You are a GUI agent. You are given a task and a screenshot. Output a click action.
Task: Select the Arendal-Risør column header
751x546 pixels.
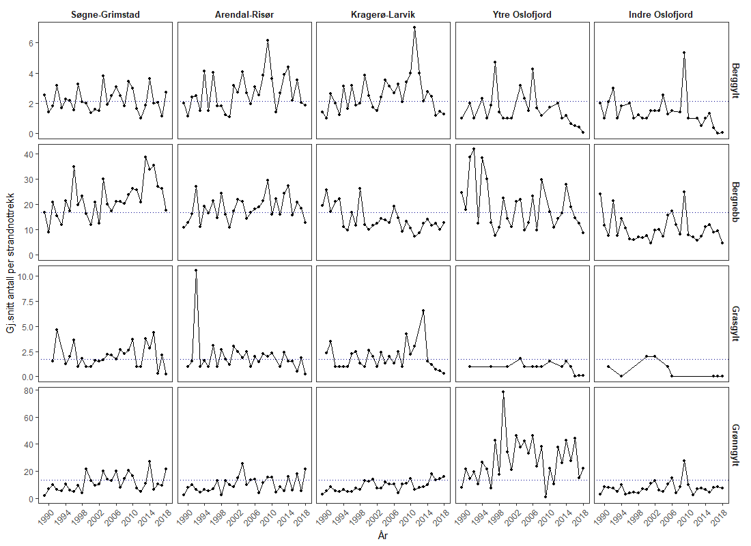pyautogui.click(x=244, y=15)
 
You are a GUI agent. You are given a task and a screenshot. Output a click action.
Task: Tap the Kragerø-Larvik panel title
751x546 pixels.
pyautogui.click(x=383, y=15)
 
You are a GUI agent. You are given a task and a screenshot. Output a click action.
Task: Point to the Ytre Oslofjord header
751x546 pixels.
pyautogui.click(x=522, y=15)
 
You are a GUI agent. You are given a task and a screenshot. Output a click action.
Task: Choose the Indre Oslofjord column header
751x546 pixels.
pyautogui.click(x=661, y=15)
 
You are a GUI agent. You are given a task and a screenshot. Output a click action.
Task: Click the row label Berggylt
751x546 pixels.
pyautogui.click(x=735, y=81)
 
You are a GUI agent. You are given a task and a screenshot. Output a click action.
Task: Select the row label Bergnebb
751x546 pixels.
pyautogui.click(x=735, y=202)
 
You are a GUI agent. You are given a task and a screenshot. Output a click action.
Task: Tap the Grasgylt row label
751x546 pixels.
pyautogui.click(x=735, y=324)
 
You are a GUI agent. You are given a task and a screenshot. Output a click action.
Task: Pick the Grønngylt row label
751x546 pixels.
pyautogui.click(x=735, y=445)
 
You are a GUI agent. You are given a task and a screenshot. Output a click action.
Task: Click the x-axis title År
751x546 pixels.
pyautogui.click(x=383, y=536)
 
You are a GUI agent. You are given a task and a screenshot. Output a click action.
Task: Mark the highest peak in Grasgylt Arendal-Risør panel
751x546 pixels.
pyautogui.click(x=196, y=270)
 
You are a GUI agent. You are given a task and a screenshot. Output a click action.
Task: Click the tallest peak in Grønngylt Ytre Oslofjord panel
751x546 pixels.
pyautogui.click(x=503, y=392)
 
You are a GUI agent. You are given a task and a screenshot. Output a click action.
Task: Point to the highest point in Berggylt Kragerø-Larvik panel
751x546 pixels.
pyautogui.click(x=414, y=27)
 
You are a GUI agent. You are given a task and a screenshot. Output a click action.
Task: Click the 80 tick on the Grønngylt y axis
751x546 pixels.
pyautogui.click(x=30, y=390)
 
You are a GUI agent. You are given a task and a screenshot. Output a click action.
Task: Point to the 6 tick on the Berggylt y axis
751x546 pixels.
pyautogui.click(x=30, y=43)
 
